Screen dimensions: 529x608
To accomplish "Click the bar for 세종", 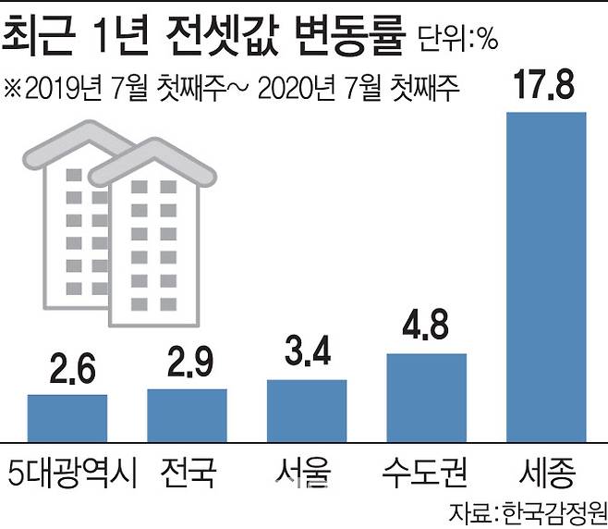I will pos(546,276).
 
